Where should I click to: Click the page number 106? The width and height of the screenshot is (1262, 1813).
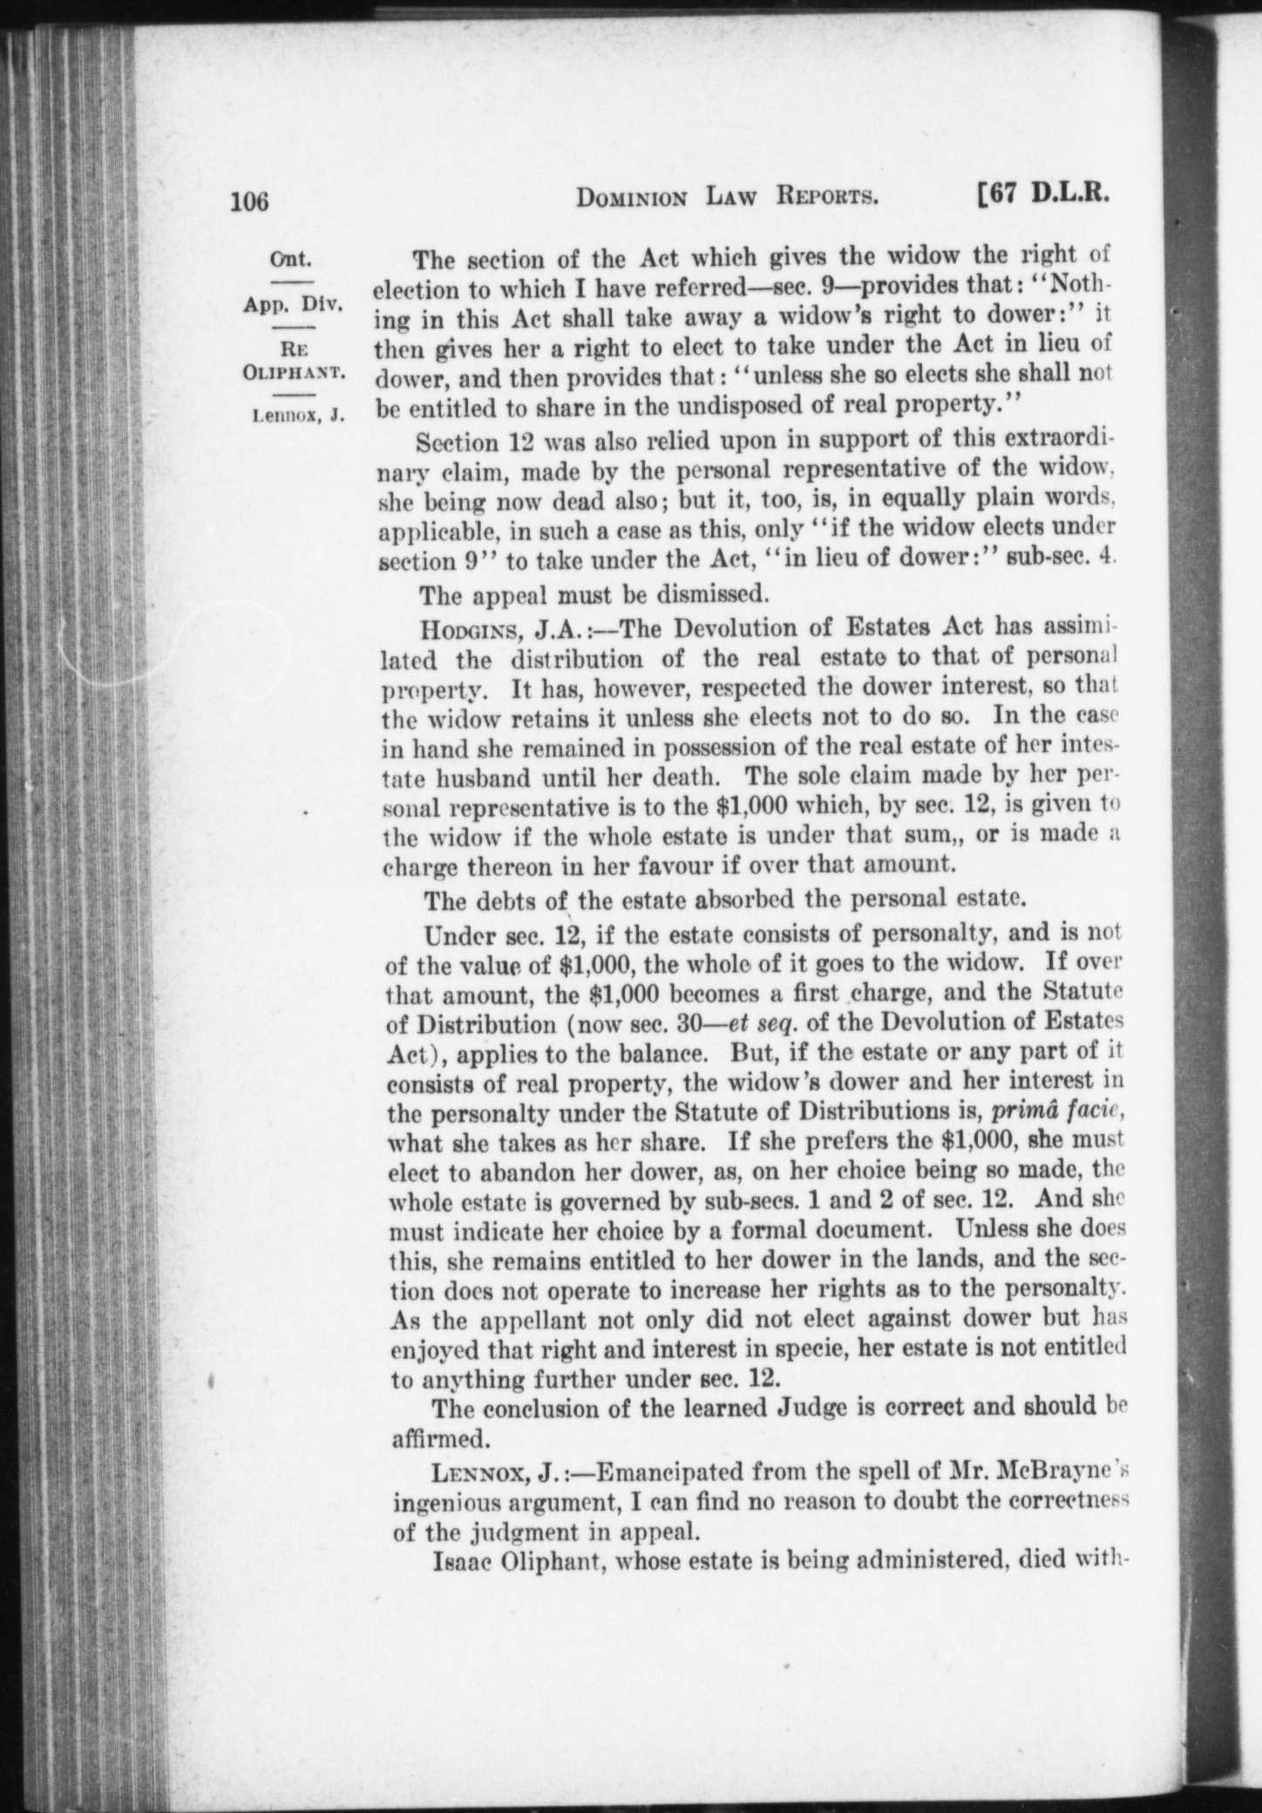pyautogui.click(x=250, y=203)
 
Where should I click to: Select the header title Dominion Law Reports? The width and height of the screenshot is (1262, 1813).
pyautogui.click(x=727, y=200)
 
